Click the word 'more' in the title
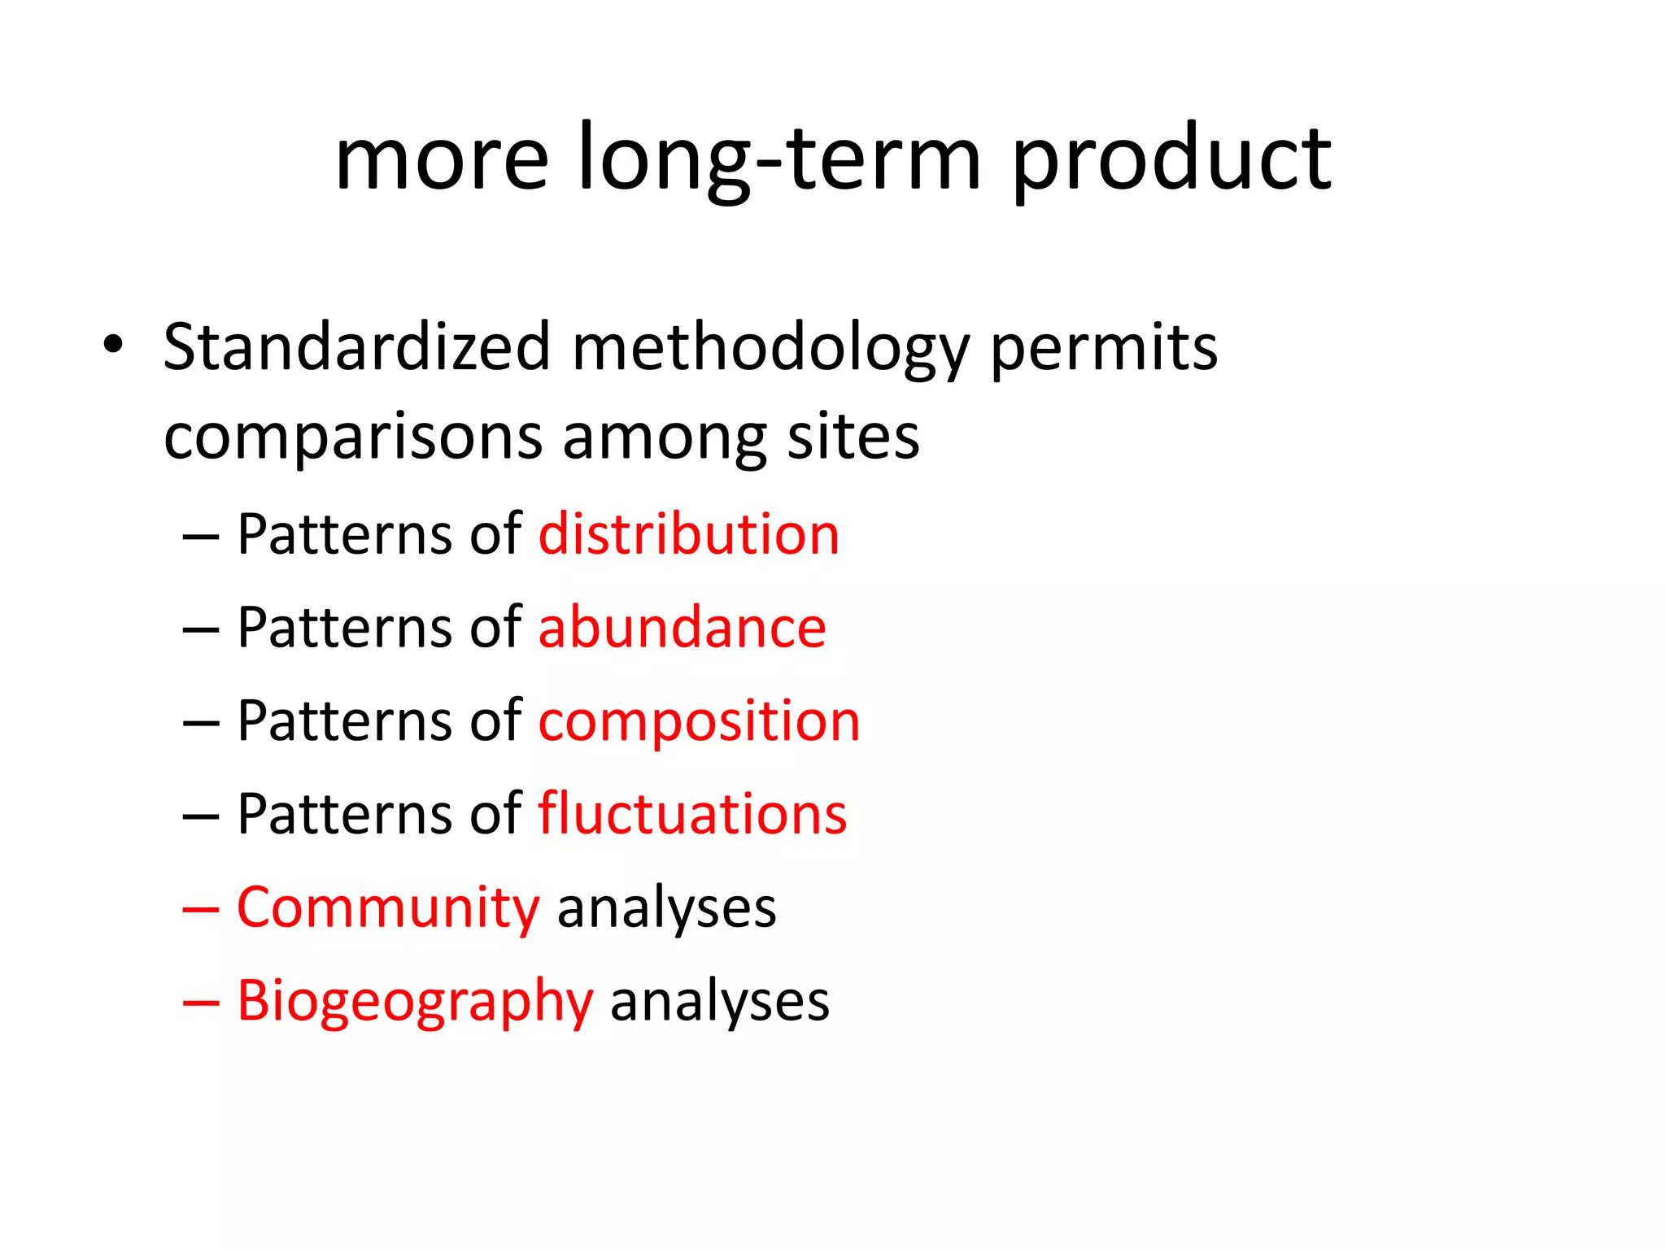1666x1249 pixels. (x=442, y=159)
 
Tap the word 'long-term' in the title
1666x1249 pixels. (x=779, y=159)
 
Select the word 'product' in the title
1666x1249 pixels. (x=1171, y=159)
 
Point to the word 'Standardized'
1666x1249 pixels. (x=357, y=347)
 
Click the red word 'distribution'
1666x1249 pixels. (x=689, y=535)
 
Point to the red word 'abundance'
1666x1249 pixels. (x=682, y=628)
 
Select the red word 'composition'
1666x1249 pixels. (x=699, y=722)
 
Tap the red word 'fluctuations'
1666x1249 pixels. (x=692, y=814)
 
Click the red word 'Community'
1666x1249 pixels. (x=388, y=907)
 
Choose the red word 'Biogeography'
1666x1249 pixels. (x=415, y=1002)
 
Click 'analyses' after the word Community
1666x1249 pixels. (x=666, y=909)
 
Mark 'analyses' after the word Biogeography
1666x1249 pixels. (x=720, y=1002)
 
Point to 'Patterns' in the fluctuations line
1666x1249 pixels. (x=344, y=814)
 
